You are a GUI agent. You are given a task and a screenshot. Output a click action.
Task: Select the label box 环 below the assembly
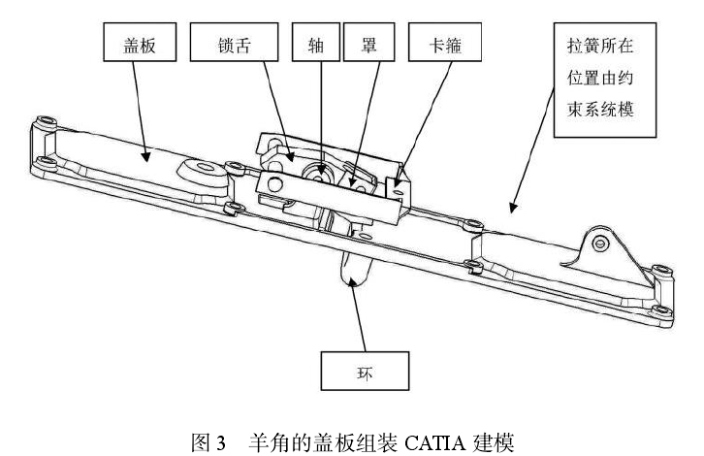pos(366,369)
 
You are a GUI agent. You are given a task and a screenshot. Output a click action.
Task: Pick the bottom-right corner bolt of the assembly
pos(660,310)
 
